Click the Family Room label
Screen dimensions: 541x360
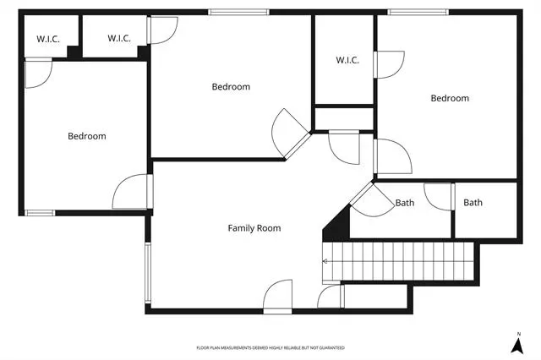(254, 228)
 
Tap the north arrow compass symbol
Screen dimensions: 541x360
(516, 346)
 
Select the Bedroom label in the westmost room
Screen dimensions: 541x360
(87, 136)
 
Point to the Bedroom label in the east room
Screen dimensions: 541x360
(450, 98)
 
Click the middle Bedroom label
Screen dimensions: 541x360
(231, 87)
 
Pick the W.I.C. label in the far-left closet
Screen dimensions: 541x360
(48, 40)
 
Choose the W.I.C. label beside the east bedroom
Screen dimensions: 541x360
(347, 60)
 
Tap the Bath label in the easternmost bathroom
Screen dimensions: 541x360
(473, 203)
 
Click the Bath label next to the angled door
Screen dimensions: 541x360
(405, 203)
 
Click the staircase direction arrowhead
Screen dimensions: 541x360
(325, 261)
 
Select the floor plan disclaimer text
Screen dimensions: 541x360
(270, 348)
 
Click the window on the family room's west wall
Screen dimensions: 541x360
(148, 273)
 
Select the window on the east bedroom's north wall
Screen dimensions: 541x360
(418, 13)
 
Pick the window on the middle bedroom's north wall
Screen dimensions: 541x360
(238, 13)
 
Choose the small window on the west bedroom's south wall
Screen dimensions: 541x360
(40, 213)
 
